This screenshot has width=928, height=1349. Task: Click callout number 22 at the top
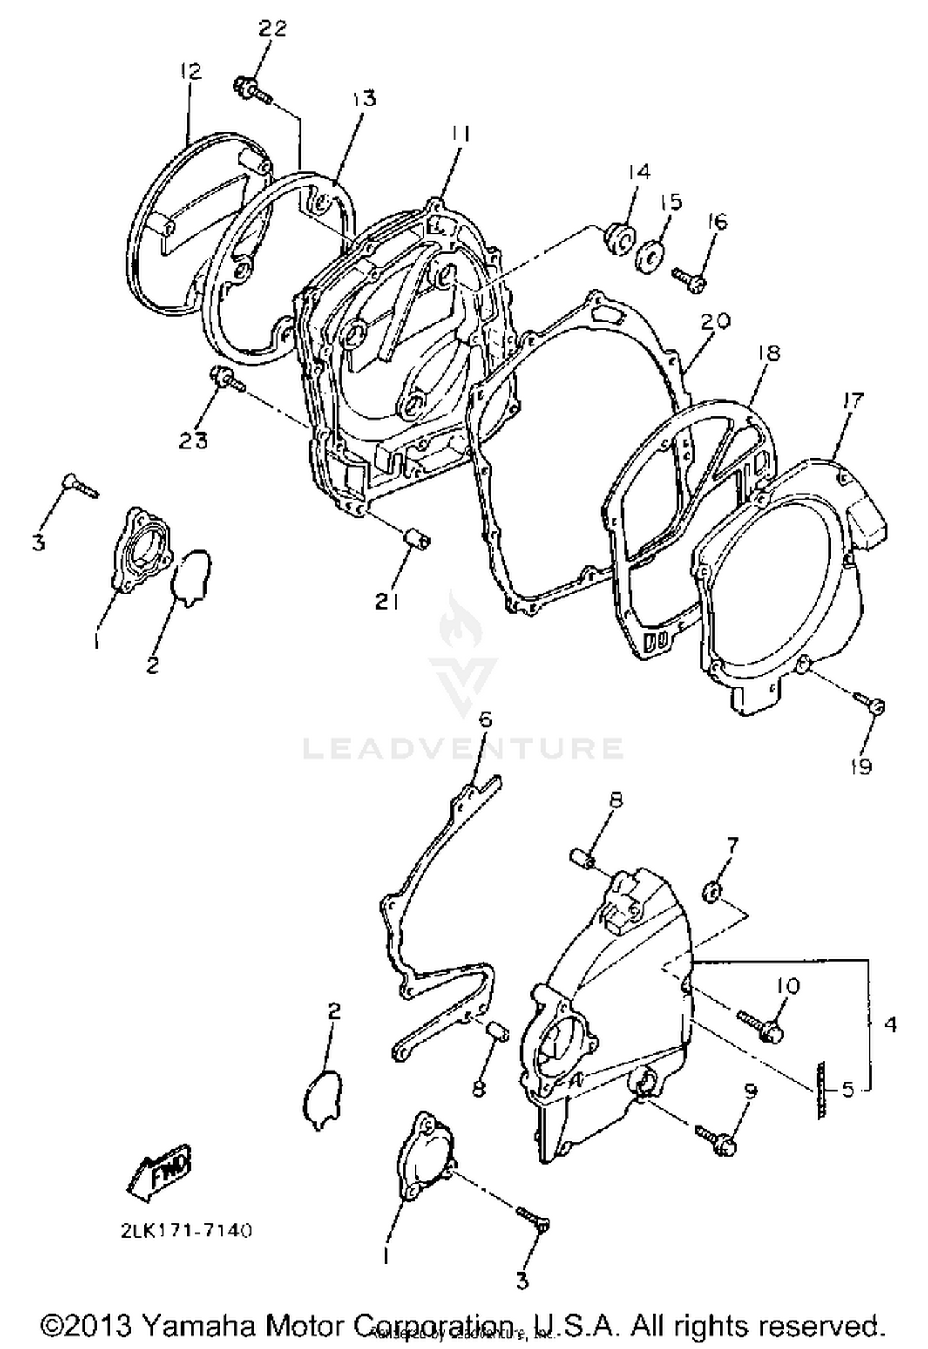(x=272, y=29)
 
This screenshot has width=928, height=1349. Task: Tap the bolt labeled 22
(x=252, y=90)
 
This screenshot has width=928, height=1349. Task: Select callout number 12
(x=191, y=72)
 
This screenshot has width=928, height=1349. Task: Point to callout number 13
(x=364, y=98)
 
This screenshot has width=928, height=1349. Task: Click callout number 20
(x=715, y=322)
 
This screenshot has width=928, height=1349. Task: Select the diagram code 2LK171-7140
(x=186, y=1230)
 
